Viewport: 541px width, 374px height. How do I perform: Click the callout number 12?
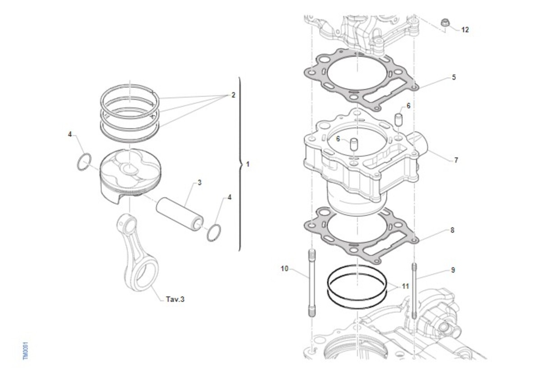pyautogui.click(x=465, y=30)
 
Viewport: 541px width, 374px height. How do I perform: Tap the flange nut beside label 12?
pyautogui.click(x=445, y=23)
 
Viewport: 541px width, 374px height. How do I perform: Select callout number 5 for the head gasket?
pyautogui.click(x=454, y=77)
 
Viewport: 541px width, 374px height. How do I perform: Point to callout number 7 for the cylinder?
pyautogui.click(x=456, y=160)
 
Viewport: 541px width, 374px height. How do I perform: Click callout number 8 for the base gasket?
pyautogui.click(x=452, y=230)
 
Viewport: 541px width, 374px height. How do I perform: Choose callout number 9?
pyautogui.click(x=453, y=270)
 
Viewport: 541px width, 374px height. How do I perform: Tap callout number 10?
pyautogui.click(x=284, y=269)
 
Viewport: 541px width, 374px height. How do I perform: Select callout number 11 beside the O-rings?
pyautogui.click(x=405, y=286)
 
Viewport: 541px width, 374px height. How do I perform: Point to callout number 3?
pyautogui.click(x=199, y=183)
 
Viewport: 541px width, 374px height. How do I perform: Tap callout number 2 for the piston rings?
pyautogui.click(x=233, y=95)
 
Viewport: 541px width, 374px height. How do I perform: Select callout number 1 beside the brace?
pyautogui.click(x=247, y=164)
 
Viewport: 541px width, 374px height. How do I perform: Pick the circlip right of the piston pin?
pyautogui.click(x=215, y=232)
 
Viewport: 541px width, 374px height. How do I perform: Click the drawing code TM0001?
pyautogui.click(x=25, y=349)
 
